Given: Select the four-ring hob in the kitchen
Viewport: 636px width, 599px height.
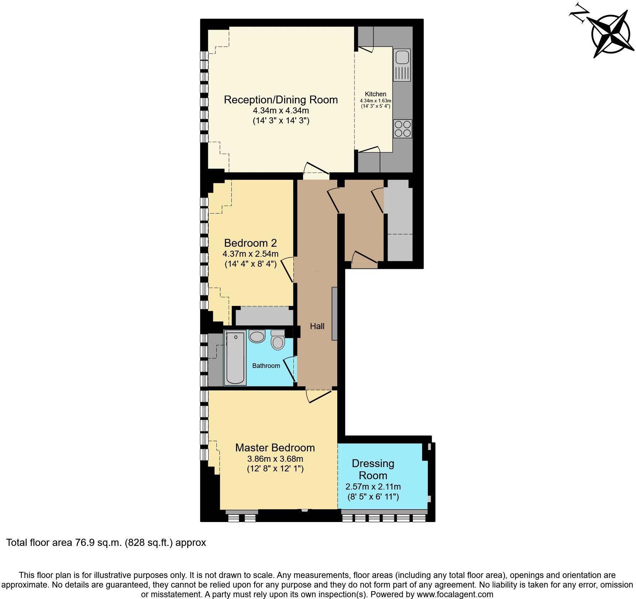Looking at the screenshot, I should tap(402, 129).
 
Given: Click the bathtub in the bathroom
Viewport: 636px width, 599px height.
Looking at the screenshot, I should tap(235, 358).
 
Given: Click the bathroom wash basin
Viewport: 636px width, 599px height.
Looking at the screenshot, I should tap(257, 336).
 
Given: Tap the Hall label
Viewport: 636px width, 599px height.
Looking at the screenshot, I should tap(317, 326).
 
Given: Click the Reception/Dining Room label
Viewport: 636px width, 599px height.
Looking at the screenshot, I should tap(281, 99).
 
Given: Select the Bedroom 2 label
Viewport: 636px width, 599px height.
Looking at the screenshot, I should tap(250, 243).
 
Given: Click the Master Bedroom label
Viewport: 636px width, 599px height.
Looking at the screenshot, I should tap(275, 447).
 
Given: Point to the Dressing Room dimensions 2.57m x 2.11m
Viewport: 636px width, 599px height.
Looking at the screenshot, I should tap(373, 487).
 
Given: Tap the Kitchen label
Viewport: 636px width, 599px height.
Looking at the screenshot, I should tap(375, 94).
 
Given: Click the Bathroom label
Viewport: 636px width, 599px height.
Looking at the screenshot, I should tap(266, 366).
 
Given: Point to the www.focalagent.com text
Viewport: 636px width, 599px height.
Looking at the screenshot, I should tap(455, 594).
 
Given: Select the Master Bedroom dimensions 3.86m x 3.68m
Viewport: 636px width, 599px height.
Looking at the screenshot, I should tap(275, 459).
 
